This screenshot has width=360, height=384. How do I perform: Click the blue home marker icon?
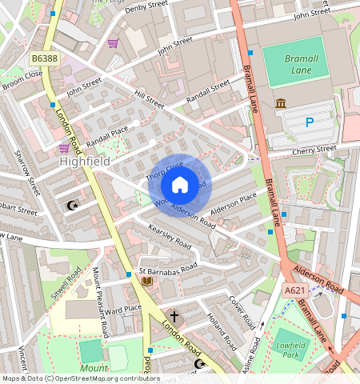coord(180,186)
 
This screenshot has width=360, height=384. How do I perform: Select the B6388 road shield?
coord(46,58)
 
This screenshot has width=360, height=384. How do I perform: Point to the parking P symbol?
coord(310,122)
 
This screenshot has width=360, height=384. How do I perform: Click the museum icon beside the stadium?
coord(281,104)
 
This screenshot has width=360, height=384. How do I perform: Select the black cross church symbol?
coord(174,318)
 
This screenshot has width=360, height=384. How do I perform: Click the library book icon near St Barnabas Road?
coord(146,280)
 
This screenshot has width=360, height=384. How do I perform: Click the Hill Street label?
coord(149,100)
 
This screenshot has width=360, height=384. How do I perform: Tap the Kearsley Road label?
coord(170,235)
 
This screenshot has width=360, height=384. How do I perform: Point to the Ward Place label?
coord(123,309)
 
